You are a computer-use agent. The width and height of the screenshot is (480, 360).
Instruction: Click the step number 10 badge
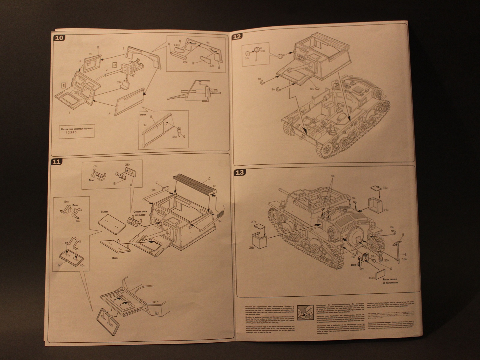click(59, 38)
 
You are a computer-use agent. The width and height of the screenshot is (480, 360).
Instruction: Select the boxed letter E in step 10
click(64, 85)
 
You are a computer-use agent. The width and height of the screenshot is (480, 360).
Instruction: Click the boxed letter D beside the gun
click(115, 65)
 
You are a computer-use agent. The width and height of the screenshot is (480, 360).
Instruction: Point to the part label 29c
click(119, 82)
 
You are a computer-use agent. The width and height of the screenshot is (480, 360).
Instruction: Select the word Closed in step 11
click(104, 211)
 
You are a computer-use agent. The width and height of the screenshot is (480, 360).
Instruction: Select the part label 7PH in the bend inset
click(95, 166)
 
